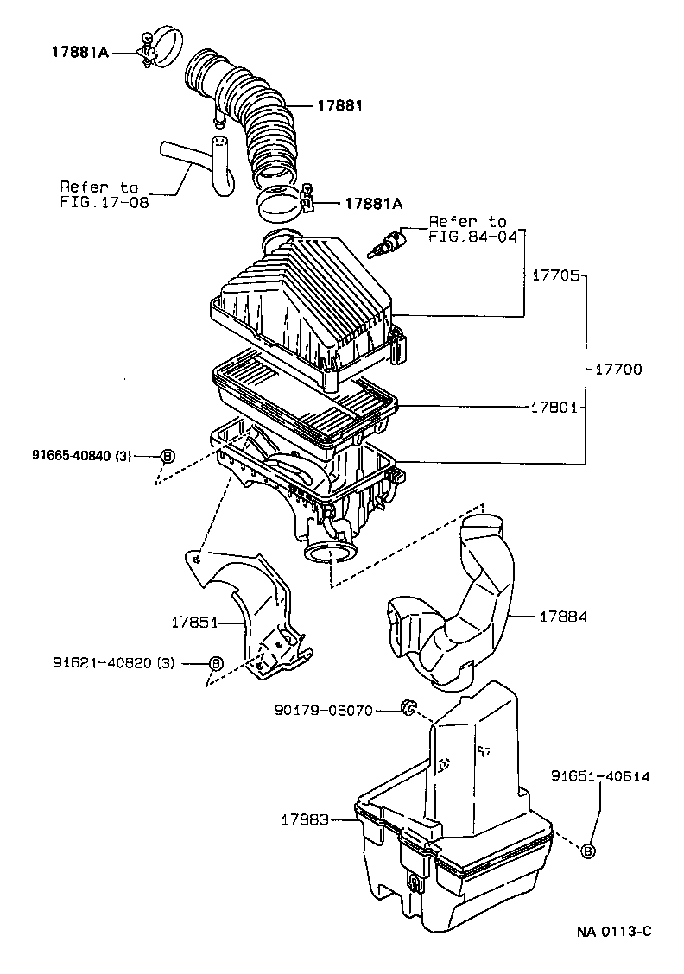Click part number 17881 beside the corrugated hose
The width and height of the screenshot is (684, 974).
coord(339,106)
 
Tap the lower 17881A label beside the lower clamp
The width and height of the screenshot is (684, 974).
coord(373,204)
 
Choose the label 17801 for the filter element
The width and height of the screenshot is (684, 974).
coord(553,406)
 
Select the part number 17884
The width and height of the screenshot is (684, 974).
coord(563,617)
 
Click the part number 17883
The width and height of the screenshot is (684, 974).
coord(304,819)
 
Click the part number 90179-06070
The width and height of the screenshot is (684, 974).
coord(324,711)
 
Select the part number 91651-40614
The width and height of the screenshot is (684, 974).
coord(600,777)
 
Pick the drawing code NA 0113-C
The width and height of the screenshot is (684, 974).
coord(613,931)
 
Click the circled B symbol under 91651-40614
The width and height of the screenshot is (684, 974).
coord(588,851)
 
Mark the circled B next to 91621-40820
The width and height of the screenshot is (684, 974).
coord(216,663)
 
